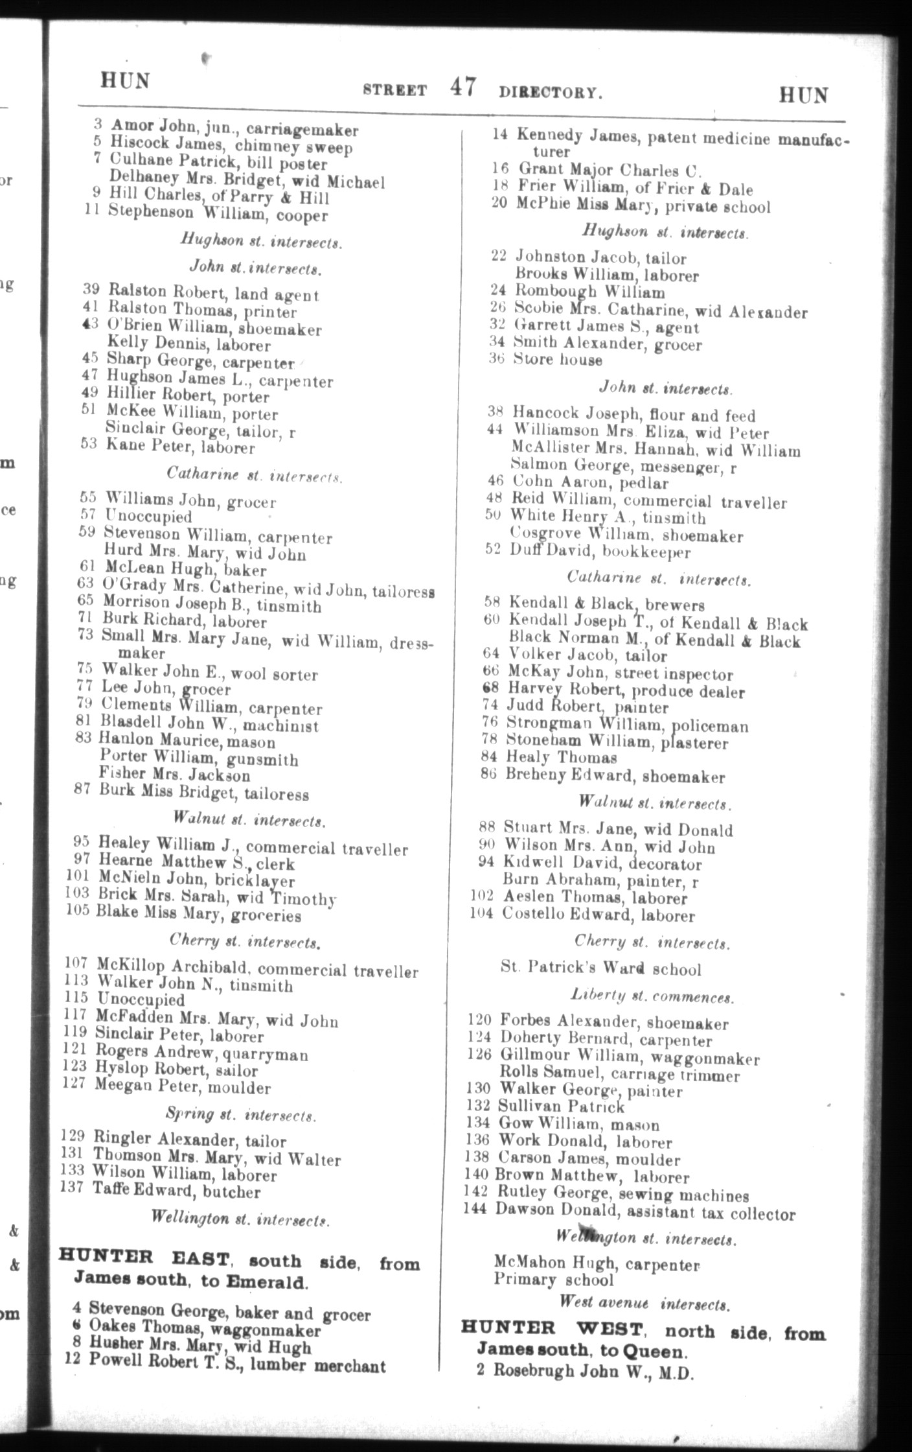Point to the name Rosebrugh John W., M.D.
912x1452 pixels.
(x=593, y=1371)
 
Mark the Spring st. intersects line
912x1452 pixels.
(x=240, y=1116)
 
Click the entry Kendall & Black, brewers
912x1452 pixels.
(x=606, y=604)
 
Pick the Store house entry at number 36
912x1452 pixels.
(x=557, y=360)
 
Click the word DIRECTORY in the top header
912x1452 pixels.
(x=550, y=92)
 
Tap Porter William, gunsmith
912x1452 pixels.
(x=198, y=758)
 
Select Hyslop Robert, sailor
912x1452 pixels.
(x=176, y=1070)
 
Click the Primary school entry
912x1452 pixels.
(x=553, y=1280)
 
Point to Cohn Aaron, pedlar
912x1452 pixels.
(x=589, y=483)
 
